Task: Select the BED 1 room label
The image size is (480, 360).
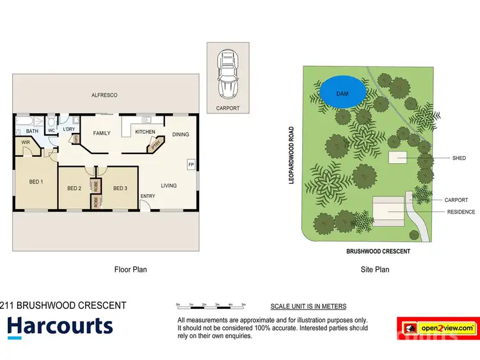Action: (x=36, y=182)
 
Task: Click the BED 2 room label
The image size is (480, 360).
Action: (x=74, y=188)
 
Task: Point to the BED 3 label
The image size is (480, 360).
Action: (x=120, y=188)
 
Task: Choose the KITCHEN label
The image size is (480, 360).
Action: (x=145, y=132)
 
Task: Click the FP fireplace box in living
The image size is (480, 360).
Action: (x=191, y=164)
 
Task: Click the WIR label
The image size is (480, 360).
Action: (x=26, y=142)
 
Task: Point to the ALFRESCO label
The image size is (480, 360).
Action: (x=105, y=95)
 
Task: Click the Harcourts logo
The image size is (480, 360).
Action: (x=60, y=326)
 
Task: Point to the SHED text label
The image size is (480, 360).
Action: (x=459, y=158)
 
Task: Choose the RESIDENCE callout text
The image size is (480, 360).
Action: (x=461, y=212)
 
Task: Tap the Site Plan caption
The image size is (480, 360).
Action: (x=375, y=270)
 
